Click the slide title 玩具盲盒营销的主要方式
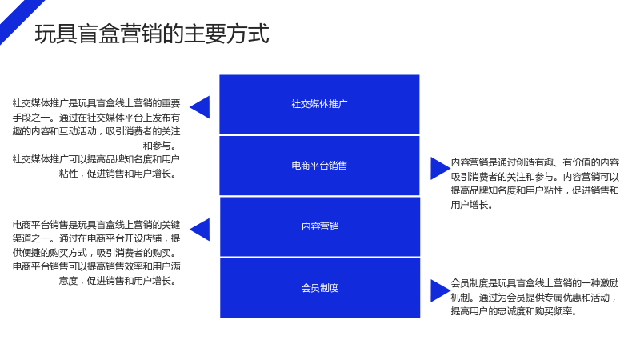(152, 34)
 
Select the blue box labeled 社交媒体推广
(319, 105)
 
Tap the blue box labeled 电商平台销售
(319, 166)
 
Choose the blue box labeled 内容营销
(320, 227)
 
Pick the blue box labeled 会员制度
(320, 288)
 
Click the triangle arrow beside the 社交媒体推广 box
(200, 107)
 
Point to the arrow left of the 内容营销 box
(200, 230)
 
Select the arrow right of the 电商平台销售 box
(440, 169)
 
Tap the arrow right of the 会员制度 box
(440, 290)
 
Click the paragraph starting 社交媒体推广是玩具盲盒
(96, 125)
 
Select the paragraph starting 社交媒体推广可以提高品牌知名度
(96, 166)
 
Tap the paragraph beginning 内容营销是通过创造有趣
(534, 184)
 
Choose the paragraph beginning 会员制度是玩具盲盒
(534, 297)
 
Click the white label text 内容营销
(320, 226)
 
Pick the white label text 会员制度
(320, 288)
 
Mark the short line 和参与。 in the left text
(160, 146)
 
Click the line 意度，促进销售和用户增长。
(118, 281)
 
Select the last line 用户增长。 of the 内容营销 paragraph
(472, 205)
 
